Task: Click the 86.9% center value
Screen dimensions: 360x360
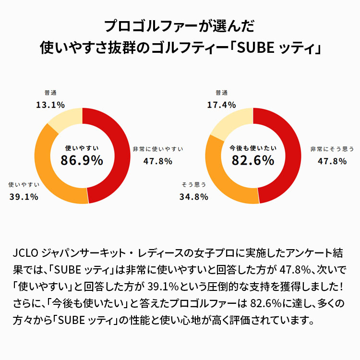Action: [x=82, y=160]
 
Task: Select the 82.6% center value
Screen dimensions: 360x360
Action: [x=253, y=160]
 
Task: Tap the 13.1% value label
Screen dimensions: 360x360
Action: [x=50, y=105]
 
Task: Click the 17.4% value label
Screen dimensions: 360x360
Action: [x=222, y=105]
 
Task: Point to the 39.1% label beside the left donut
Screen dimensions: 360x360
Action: [x=24, y=197]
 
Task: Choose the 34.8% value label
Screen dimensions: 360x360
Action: [x=194, y=197]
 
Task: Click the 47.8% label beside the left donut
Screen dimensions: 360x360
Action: [x=158, y=161]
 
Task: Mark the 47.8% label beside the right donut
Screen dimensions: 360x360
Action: [x=332, y=161]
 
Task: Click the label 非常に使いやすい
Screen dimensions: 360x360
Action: [x=158, y=149]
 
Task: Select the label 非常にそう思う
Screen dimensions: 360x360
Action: [x=332, y=149]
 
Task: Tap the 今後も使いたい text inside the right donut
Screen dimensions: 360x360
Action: [x=253, y=148]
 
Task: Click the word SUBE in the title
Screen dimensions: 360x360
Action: [x=255, y=48]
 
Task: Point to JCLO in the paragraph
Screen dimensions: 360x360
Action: [x=25, y=253]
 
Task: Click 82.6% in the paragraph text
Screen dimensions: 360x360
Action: [x=266, y=303]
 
